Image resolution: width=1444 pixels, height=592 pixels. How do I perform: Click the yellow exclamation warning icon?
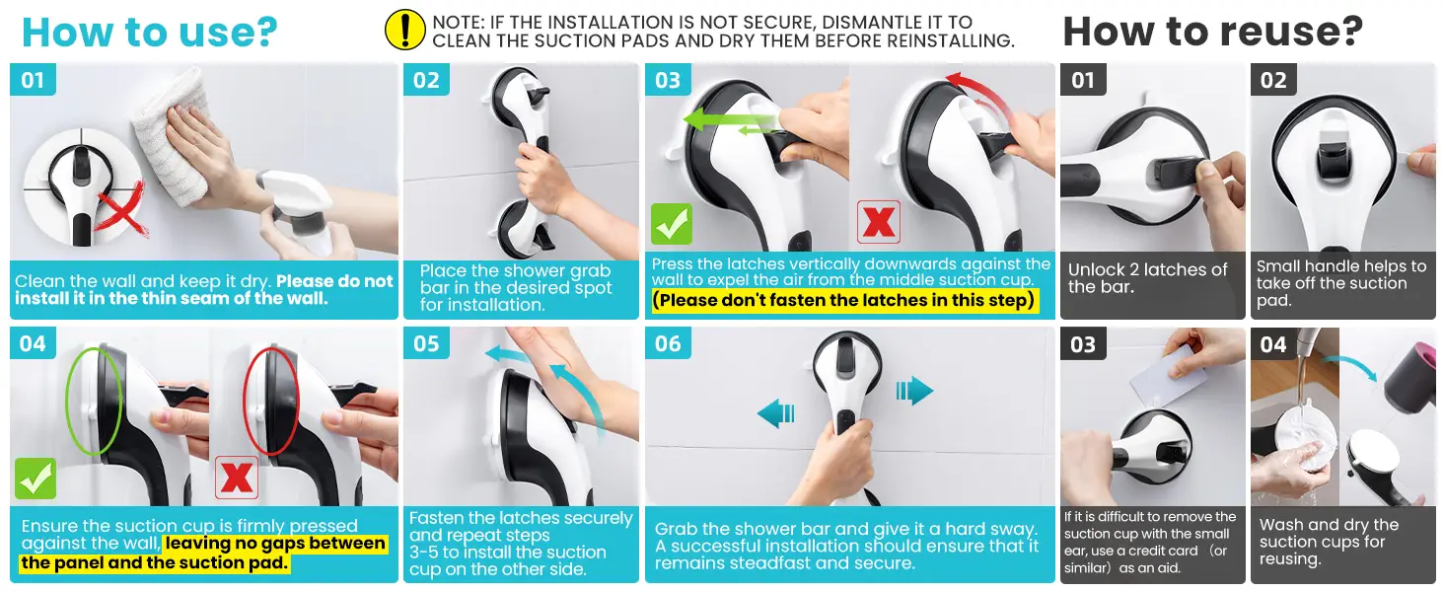click(x=404, y=30)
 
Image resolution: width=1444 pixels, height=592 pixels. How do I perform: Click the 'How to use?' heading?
click(x=150, y=33)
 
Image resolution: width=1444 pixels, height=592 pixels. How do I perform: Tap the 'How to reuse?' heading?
click(x=1212, y=32)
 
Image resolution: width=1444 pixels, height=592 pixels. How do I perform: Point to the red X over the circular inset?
click(x=121, y=209)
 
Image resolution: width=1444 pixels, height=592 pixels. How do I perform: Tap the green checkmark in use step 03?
click(x=671, y=223)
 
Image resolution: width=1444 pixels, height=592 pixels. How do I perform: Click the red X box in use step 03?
click(x=878, y=222)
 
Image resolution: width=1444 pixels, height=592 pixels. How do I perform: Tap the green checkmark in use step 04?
click(x=35, y=478)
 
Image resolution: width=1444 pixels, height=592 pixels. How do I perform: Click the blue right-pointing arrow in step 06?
click(x=914, y=390)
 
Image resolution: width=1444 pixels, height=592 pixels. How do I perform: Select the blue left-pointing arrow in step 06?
click(x=776, y=412)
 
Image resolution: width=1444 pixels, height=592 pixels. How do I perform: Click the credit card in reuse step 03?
click(x=1168, y=375)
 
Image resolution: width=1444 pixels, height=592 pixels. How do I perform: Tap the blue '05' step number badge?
click(x=426, y=343)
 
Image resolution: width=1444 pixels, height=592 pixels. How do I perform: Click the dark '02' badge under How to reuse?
click(x=1273, y=79)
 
